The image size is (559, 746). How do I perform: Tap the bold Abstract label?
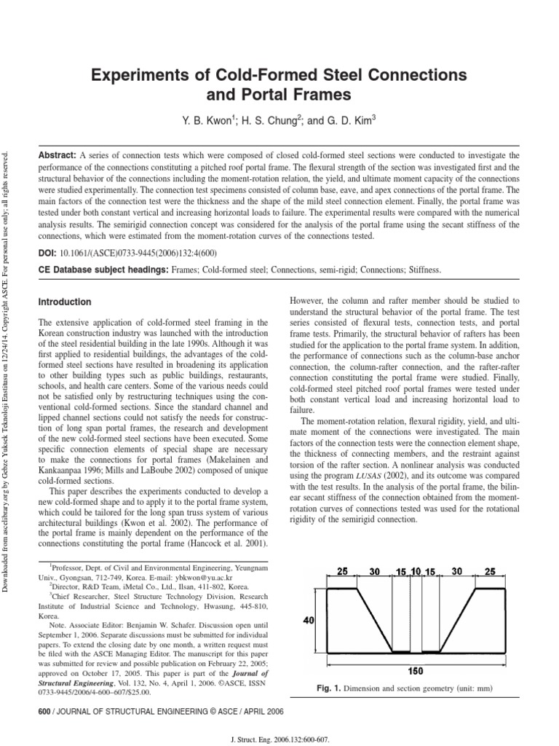tap(57, 155)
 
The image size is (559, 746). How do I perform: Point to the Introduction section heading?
tap(65, 302)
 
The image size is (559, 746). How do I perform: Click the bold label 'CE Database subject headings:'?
tap(103, 270)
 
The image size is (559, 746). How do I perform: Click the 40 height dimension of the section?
tap(308, 621)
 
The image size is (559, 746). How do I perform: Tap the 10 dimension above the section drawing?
tap(415, 573)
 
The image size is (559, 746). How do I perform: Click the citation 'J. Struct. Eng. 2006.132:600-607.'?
tap(279, 737)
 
